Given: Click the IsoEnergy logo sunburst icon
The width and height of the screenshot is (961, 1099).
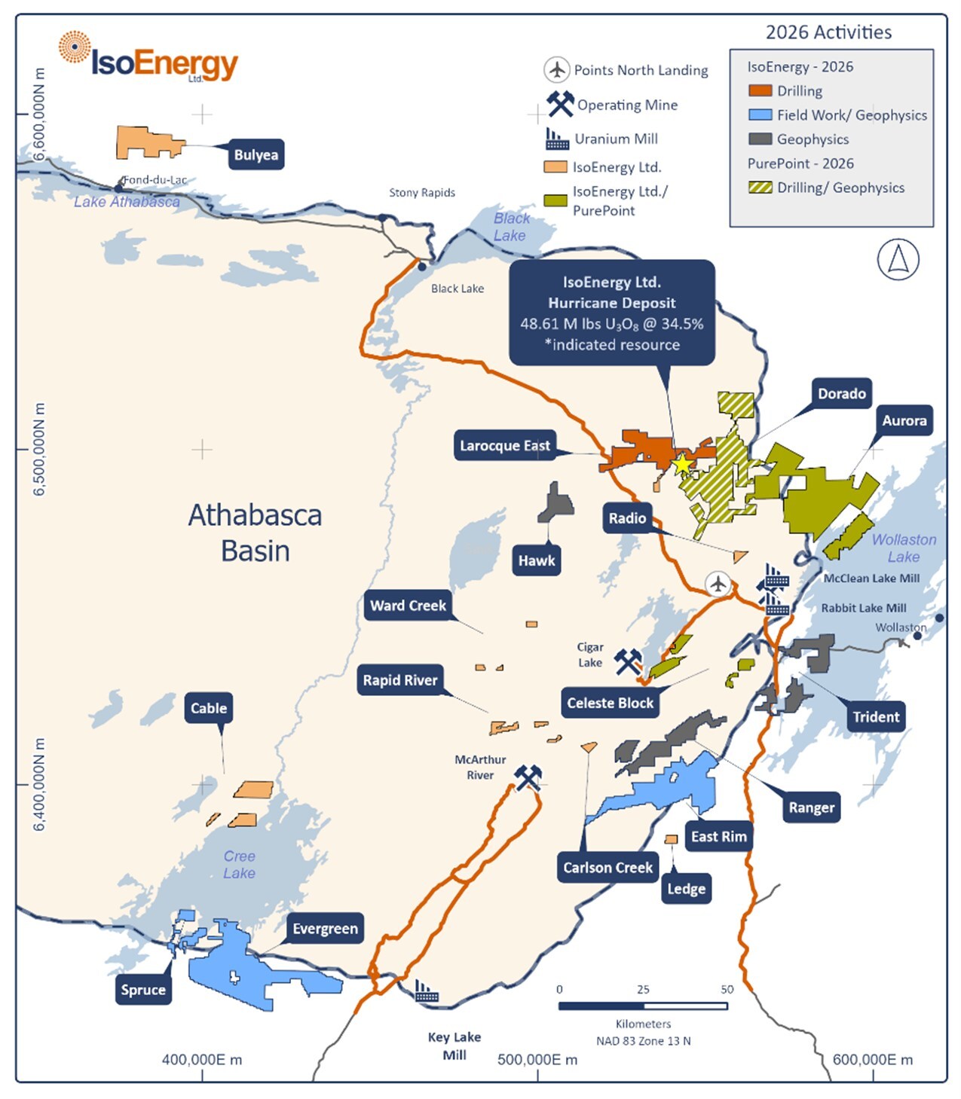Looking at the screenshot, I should click(x=74, y=47).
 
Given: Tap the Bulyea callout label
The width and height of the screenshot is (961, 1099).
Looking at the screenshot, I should click(x=256, y=154).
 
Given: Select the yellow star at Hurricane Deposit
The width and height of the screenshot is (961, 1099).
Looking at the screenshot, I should click(x=681, y=465).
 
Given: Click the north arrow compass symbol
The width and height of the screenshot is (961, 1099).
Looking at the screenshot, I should click(x=898, y=259).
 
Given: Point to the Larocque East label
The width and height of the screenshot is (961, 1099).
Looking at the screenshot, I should click(x=505, y=445).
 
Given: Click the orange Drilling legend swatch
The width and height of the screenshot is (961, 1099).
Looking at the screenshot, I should click(x=760, y=90).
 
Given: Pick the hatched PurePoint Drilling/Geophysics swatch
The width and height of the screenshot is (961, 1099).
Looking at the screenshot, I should click(x=760, y=188).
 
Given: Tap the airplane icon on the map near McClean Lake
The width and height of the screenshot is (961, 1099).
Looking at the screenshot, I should click(x=718, y=583).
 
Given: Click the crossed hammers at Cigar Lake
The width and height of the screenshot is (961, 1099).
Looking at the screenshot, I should click(x=627, y=662).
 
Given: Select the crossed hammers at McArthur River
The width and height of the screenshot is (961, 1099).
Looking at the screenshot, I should click(x=528, y=777).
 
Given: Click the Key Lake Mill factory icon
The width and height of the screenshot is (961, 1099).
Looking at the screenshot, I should click(x=427, y=992).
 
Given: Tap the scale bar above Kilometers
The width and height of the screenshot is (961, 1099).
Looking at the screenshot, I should click(x=642, y=1006).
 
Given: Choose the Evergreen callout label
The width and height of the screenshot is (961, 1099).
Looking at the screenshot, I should click(x=325, y=928).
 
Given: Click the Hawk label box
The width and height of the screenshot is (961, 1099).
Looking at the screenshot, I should click(x=536, y=560).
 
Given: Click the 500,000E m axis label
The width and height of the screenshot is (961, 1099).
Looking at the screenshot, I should click(x=537, y=1060).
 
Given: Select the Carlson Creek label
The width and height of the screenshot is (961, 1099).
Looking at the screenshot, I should click(x=608, y=867).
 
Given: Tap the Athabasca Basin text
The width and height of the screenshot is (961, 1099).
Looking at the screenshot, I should click(x=255, y=533).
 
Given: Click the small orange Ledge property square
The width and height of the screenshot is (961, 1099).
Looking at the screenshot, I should click(x=670, y=839).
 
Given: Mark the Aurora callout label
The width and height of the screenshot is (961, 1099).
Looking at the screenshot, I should click(x=904, y=420).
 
